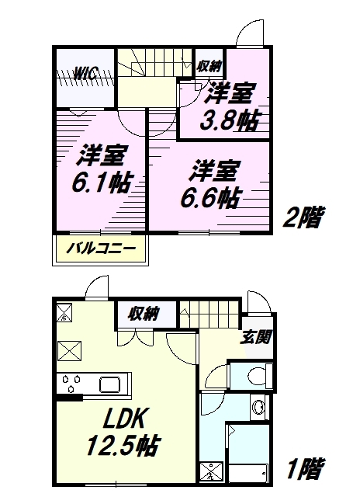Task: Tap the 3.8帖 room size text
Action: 229,120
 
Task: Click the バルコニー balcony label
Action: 100,248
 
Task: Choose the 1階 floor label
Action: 305,468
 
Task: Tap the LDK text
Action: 124,418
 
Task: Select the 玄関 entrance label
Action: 256,337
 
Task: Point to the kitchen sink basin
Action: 110,385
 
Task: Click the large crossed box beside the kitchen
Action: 69,351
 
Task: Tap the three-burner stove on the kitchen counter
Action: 72,383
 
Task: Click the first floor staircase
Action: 209,315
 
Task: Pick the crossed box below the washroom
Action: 212,473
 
